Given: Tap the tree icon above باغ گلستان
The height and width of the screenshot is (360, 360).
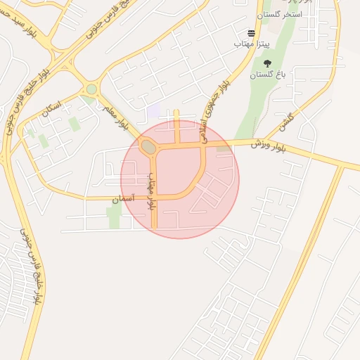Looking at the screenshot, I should click(x=266, y=63).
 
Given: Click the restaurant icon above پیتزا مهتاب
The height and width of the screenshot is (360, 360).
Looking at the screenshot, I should click(x=251, y=33).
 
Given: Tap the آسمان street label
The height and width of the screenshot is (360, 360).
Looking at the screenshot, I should click(x=124, y=200).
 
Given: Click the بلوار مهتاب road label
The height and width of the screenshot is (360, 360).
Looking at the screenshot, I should click(x=150, y=194).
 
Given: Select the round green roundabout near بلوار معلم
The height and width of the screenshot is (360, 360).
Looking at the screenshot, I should click(x=91, y=89).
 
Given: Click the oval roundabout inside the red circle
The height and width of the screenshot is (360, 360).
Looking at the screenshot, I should click(x=148, y=147).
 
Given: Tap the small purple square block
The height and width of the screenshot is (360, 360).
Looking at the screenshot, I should click(x=153, y=111).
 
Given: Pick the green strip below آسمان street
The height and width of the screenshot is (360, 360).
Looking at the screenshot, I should click(x=114, y=217).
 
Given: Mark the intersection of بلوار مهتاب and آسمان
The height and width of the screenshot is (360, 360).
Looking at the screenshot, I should click(x=155, y=198).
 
